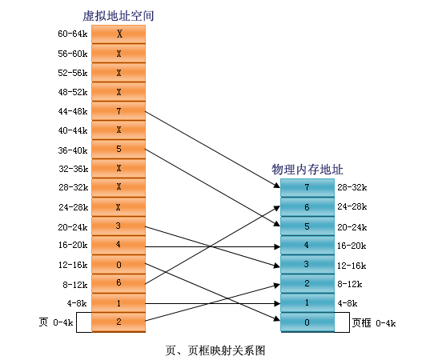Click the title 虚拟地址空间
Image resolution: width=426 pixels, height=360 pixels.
coord(119,15)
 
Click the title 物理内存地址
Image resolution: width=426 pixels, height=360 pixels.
coord(306,170)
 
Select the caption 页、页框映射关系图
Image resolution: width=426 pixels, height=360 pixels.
coord(214,350)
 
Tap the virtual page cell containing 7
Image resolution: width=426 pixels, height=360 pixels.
coord(119,110)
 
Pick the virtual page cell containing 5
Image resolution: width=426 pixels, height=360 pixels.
coord(119,149)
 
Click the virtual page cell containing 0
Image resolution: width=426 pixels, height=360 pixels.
coord(119,264)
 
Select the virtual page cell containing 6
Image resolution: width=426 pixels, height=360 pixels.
coord(119,283)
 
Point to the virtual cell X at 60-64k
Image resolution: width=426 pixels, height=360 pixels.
coord(119,34)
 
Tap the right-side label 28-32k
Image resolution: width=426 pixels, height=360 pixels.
coord(352,188)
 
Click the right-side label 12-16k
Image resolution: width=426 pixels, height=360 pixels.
coord(352,265)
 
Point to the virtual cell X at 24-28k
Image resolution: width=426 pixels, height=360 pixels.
coord(119,206)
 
